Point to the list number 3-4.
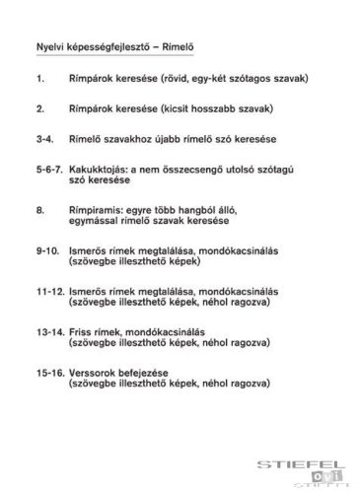pos(42,136)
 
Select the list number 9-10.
pos(44,251)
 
